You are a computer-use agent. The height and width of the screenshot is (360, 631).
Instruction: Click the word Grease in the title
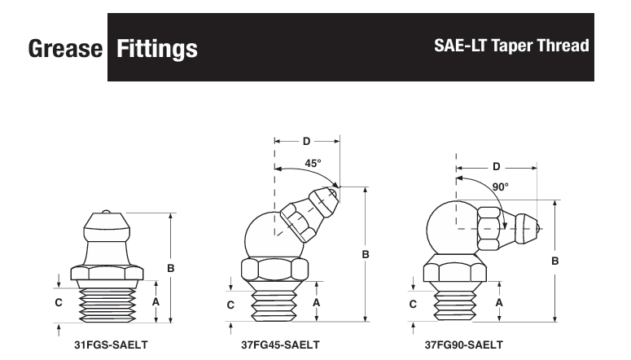65,48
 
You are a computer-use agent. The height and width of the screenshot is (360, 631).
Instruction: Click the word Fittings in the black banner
157,49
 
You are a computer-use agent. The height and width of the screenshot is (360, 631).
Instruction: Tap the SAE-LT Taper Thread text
511,46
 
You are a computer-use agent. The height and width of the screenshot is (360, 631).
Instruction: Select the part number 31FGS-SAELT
111,345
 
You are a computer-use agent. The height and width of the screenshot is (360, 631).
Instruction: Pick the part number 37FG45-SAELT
280,345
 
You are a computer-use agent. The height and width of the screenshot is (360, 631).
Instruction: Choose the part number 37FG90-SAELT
464,345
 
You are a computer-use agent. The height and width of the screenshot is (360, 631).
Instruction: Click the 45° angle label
313,164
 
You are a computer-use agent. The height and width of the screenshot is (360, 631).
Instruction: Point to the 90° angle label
500,187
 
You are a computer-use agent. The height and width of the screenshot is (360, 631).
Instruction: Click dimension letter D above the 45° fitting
307,142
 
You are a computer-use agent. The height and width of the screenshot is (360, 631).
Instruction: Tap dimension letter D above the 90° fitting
497,167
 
